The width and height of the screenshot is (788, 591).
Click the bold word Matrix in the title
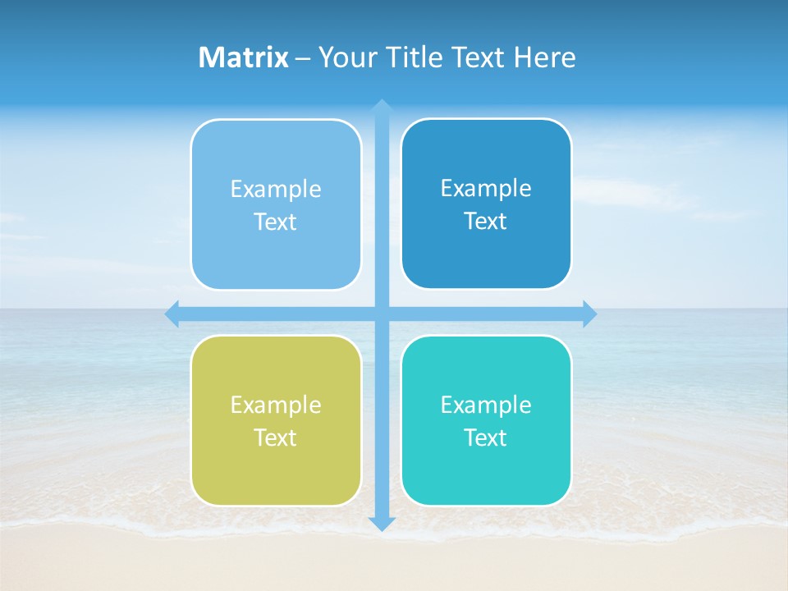click(x=243, y=57)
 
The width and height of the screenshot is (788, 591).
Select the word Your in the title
click(x=345, y=57)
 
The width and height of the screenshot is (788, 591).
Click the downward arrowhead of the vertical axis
click(x=382, y=523)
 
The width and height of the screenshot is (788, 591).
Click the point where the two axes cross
click(x=382, y=314)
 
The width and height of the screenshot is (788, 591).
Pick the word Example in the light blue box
click(x=276, y=190)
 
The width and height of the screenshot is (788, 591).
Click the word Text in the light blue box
click(x=276, y=222)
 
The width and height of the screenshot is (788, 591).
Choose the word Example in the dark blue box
click(x=486, y=189)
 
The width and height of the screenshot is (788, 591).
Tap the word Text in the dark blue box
click(x=486, y=222)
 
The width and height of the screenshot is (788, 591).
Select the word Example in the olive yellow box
click(x=276, y=405)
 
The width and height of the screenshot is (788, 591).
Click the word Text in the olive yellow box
click(x=276, y=438)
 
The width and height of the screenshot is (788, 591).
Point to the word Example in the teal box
click(x=486, y=405)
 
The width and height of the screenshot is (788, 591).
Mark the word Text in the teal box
click(x=486, y=438)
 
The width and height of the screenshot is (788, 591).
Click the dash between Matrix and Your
click(x=303, y=58)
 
